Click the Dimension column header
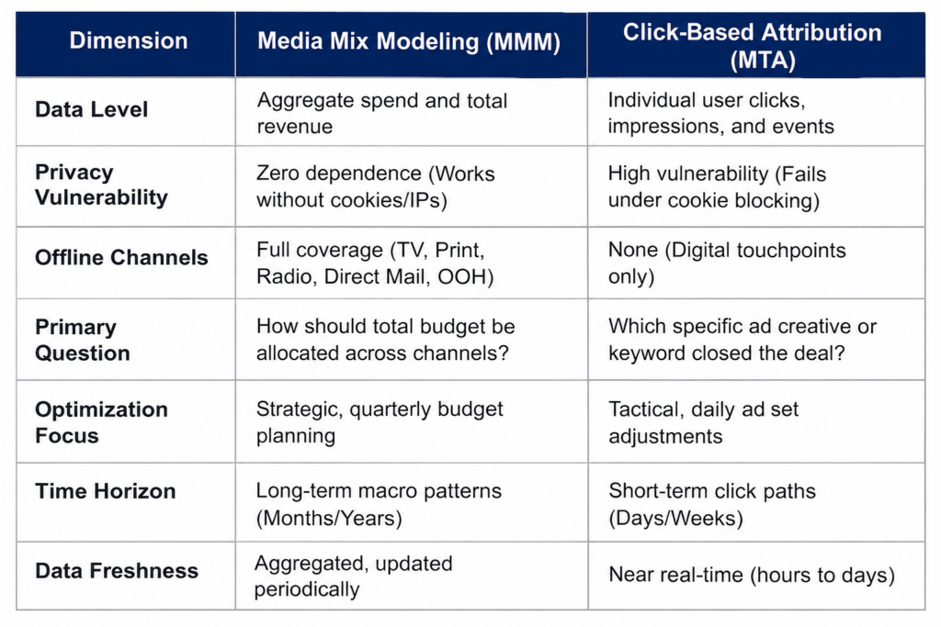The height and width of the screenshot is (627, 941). click(129, 40)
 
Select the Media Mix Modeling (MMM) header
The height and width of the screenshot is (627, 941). click(409, 41)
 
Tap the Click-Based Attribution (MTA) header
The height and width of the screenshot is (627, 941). click(753, 46)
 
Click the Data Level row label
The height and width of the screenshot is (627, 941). click(91, 109)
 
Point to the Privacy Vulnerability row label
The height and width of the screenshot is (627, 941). click(101, 185)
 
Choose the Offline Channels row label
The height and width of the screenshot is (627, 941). click(121, 257)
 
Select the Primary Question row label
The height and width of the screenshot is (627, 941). click(82, 340)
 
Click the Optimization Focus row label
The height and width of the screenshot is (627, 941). click(101, 422)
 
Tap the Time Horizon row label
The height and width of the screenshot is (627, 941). click(105, 491)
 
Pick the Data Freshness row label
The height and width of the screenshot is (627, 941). click(117, 571)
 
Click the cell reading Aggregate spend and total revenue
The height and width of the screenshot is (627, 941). click(382, 113)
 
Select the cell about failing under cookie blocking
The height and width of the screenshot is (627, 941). click(717, 186)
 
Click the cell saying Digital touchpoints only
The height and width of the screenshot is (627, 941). click(727, 263)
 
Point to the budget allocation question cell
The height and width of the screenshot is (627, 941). click(385, 340)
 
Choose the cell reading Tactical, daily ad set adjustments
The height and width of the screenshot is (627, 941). click(703, 422)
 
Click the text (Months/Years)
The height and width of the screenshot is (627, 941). click(329, 518)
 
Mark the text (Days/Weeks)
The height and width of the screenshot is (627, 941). click(675, 518)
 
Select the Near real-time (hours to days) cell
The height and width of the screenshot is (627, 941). click(752, 575)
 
